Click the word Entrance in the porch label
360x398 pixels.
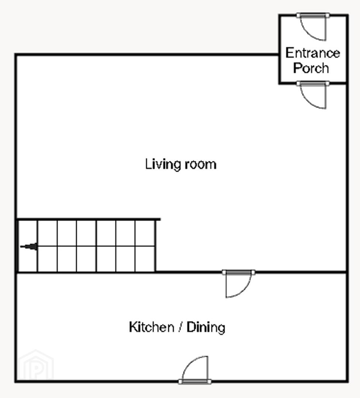tap(312, 53)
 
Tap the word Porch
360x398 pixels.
tap(311, 68)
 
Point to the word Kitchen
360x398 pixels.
tap(152, 327)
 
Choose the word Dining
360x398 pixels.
tap(206, 328)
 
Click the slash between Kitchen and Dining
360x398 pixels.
tap(180, 327)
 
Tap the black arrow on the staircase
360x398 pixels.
tap(29, 247)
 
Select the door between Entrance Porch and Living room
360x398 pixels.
tap(313, 95)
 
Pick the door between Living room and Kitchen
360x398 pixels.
tap(238, 284)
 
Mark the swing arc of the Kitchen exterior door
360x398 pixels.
tap(190, 363)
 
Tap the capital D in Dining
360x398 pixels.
tap(191, 327)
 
